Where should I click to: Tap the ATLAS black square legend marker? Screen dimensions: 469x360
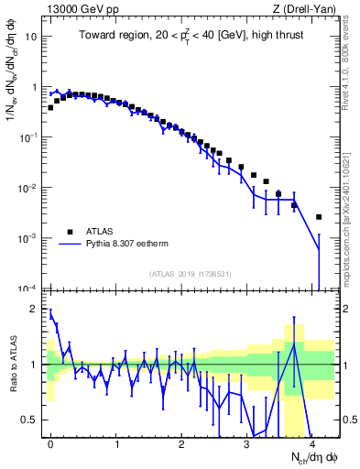[x=67, y=232]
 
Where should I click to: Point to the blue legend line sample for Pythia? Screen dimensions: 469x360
[x=67, y=245]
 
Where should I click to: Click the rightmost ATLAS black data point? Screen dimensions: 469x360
[x=318, y=217]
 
